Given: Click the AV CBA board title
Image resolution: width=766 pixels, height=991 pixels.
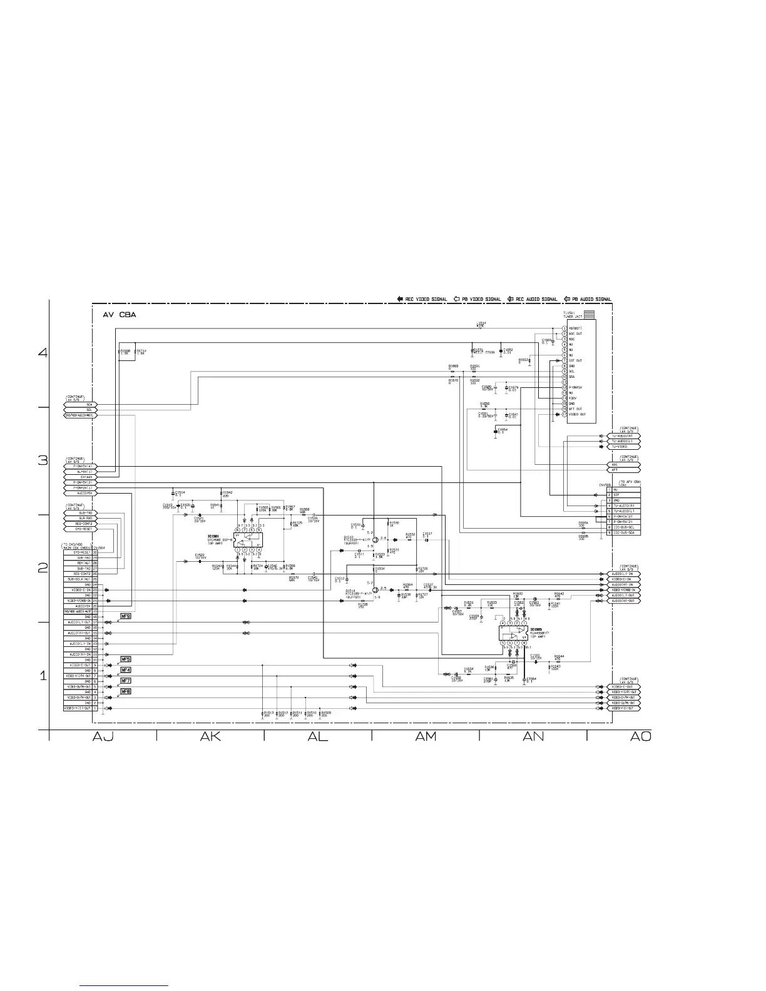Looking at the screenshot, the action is tap(119, 315).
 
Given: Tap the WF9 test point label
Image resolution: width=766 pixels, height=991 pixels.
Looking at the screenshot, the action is tap(126, 616).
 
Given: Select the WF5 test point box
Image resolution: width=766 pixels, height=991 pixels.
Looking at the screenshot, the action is tap(126, 659).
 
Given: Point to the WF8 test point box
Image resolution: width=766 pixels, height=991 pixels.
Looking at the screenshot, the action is tap(126, 691).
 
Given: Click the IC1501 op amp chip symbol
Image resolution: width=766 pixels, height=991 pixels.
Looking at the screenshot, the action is tap(248, 539).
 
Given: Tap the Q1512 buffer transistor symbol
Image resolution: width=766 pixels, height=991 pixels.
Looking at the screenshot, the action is tap(374, 540).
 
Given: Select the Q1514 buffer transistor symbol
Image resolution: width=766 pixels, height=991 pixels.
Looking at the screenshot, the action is tap(374, 589).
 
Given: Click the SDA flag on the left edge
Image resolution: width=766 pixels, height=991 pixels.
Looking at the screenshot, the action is tap(81, 404).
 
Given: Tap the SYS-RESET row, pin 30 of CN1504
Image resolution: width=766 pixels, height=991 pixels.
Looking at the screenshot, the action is tap(81, 552).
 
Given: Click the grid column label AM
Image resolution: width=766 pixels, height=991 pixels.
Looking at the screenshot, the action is tap(426, 737).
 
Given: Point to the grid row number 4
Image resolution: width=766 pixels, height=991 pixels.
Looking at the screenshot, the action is tap(43, 352).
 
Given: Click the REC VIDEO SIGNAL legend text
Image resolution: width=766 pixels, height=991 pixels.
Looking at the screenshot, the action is tap(426, 299).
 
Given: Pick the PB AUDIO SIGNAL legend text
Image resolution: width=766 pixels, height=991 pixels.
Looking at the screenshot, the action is tap(591, 299).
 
